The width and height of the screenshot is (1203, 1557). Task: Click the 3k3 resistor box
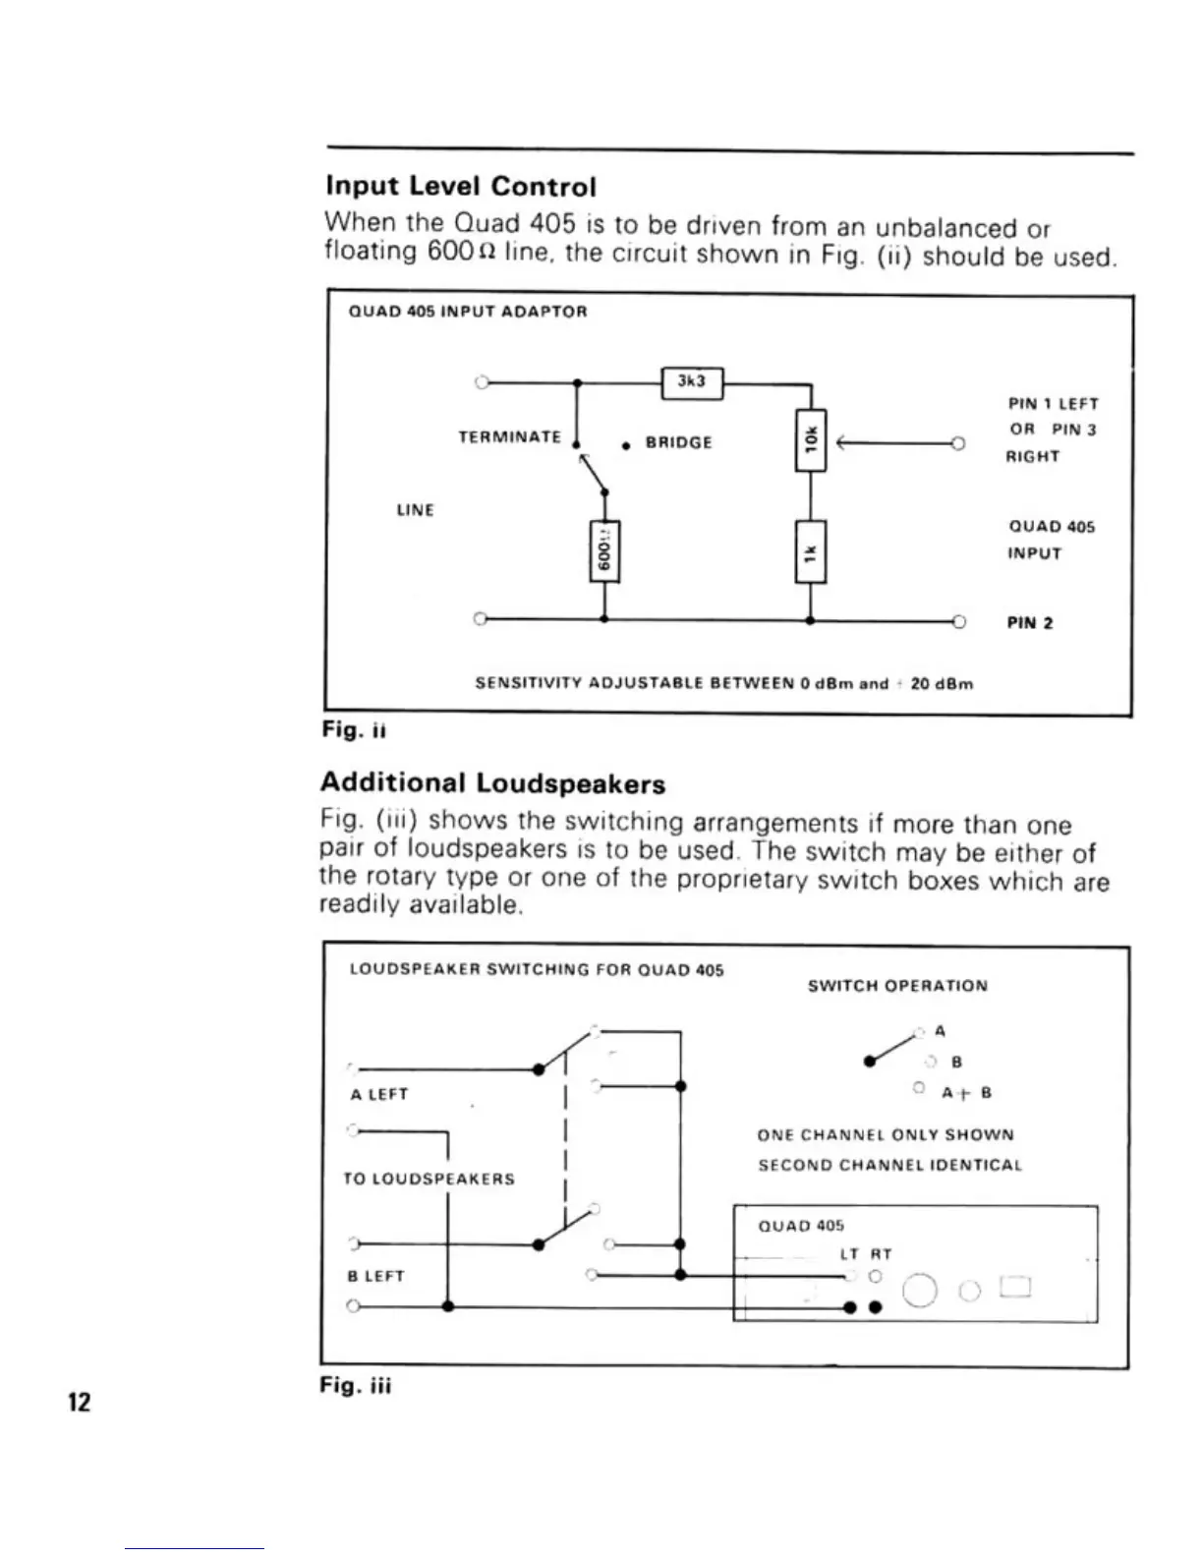pos(694,382)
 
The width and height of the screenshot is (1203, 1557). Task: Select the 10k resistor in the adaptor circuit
pos(811,440)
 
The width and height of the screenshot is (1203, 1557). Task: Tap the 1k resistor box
pos(810,552)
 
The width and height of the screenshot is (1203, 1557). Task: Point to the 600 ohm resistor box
pos(604,551)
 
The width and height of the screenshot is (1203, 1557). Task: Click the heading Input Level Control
pos(460,186)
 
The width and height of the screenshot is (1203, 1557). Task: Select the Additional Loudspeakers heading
pos(492,783)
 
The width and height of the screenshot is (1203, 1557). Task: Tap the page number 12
pos(78,1403)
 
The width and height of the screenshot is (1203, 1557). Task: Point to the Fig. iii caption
pos(356,1387)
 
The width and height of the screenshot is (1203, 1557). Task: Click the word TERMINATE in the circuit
pos(510,436)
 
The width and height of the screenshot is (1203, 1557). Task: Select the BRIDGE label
pos(678,442)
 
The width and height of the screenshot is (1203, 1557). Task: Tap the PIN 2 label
pos(1030,623)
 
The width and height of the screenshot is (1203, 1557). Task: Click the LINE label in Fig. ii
pos(415,510)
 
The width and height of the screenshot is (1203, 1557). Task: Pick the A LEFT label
pos(378,1094)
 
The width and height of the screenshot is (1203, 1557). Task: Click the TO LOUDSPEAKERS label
pos(429,1179)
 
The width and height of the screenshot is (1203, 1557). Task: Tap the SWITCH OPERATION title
pos(897,986)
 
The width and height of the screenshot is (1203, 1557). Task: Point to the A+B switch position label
pos(966,1093)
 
